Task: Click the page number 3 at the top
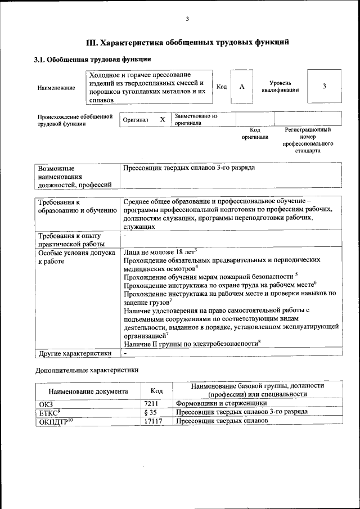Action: (x=187, y=20)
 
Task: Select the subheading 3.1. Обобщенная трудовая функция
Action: (x=92, y=59)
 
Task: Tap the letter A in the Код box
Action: (x=242, y=87)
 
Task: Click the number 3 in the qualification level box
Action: (x=324, y=86)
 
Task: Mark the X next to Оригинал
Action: (x=162, y=120)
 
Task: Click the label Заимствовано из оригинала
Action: (x=195, y=119)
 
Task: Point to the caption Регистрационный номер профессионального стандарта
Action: (x=307, y=140)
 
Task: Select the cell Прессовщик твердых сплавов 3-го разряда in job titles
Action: (x=189, y=168)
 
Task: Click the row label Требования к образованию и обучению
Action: (x=73, y=206)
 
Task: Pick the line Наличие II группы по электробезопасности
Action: (x=191, y=343)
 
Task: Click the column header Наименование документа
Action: (x=88, y=391)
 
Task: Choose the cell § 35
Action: (x=149, y=412)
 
